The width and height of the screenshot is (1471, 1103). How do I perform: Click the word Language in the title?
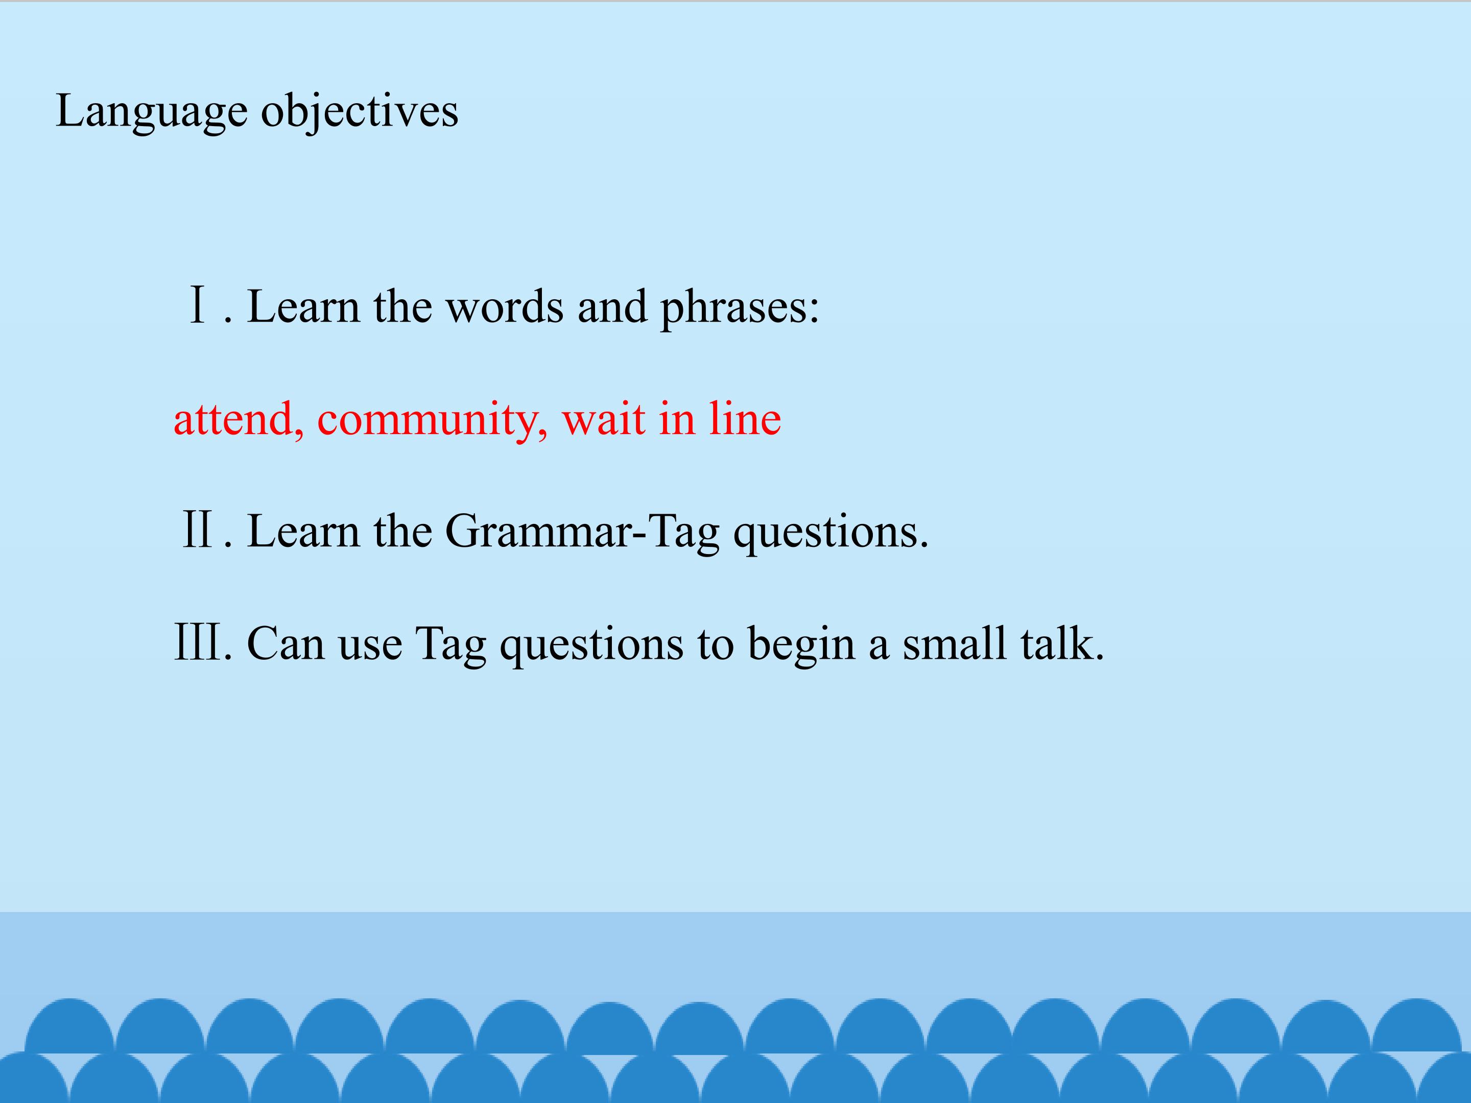click(152, 112)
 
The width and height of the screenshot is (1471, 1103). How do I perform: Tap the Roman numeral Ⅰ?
click(198, 306)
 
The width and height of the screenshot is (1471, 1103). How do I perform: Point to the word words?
click(504, 308)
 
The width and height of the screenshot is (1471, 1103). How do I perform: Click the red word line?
click(745, 419)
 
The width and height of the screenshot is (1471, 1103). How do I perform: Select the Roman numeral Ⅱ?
click(198, 530)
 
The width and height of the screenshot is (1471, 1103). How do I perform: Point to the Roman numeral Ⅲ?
click(198, 642)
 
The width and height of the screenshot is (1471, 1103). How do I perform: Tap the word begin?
click(801, 645)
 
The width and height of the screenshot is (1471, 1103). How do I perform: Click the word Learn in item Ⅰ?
click(303, 307)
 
